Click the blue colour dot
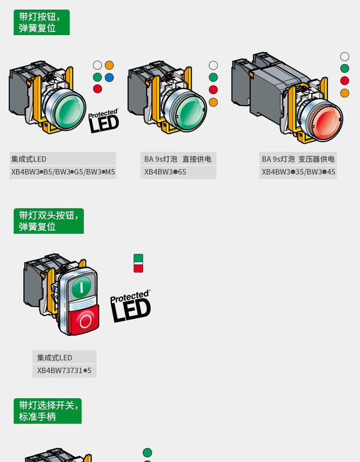[109, 77]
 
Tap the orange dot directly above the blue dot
[109, 65]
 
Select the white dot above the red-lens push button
[345, 56]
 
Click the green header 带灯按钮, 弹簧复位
[41, 22]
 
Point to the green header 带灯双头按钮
[49, 221]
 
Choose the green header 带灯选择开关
[47, 411]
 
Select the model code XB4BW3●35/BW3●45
[298, 172]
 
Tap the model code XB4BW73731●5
[64, 371]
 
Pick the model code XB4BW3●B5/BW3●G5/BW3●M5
[63, 172]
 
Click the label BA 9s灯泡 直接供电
[178, 159]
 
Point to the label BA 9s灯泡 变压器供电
[298, 159]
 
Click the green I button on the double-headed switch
[82, 286]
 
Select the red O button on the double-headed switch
[85, 320]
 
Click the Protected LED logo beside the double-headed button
[130, 306]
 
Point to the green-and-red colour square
[139, 263]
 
